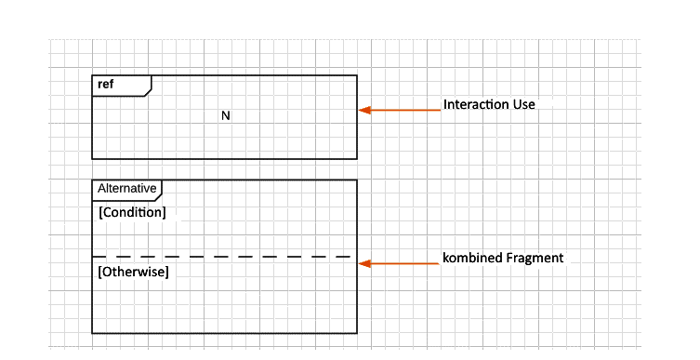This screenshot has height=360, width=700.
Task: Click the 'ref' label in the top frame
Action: tap(105, 85)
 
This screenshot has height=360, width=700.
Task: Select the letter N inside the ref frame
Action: tap(225, 116)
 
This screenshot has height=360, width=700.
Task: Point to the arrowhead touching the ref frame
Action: tap(364, 110)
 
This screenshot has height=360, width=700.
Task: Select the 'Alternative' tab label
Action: tap(126, 188)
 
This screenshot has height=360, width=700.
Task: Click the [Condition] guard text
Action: tap(132, 213)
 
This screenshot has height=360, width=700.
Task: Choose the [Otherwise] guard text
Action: tap(133, 273)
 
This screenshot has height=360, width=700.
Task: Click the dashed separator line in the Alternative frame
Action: tap(223, 256)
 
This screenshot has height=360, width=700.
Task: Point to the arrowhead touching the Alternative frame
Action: tap(364, 263)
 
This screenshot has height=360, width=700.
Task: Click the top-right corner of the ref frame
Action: tap(357, 75)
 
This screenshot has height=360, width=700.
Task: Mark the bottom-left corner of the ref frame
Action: tap(92, 158)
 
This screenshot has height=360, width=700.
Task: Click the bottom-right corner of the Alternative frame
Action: tap(357, 332)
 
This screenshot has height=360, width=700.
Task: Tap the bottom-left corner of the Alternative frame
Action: tap(92, 332)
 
